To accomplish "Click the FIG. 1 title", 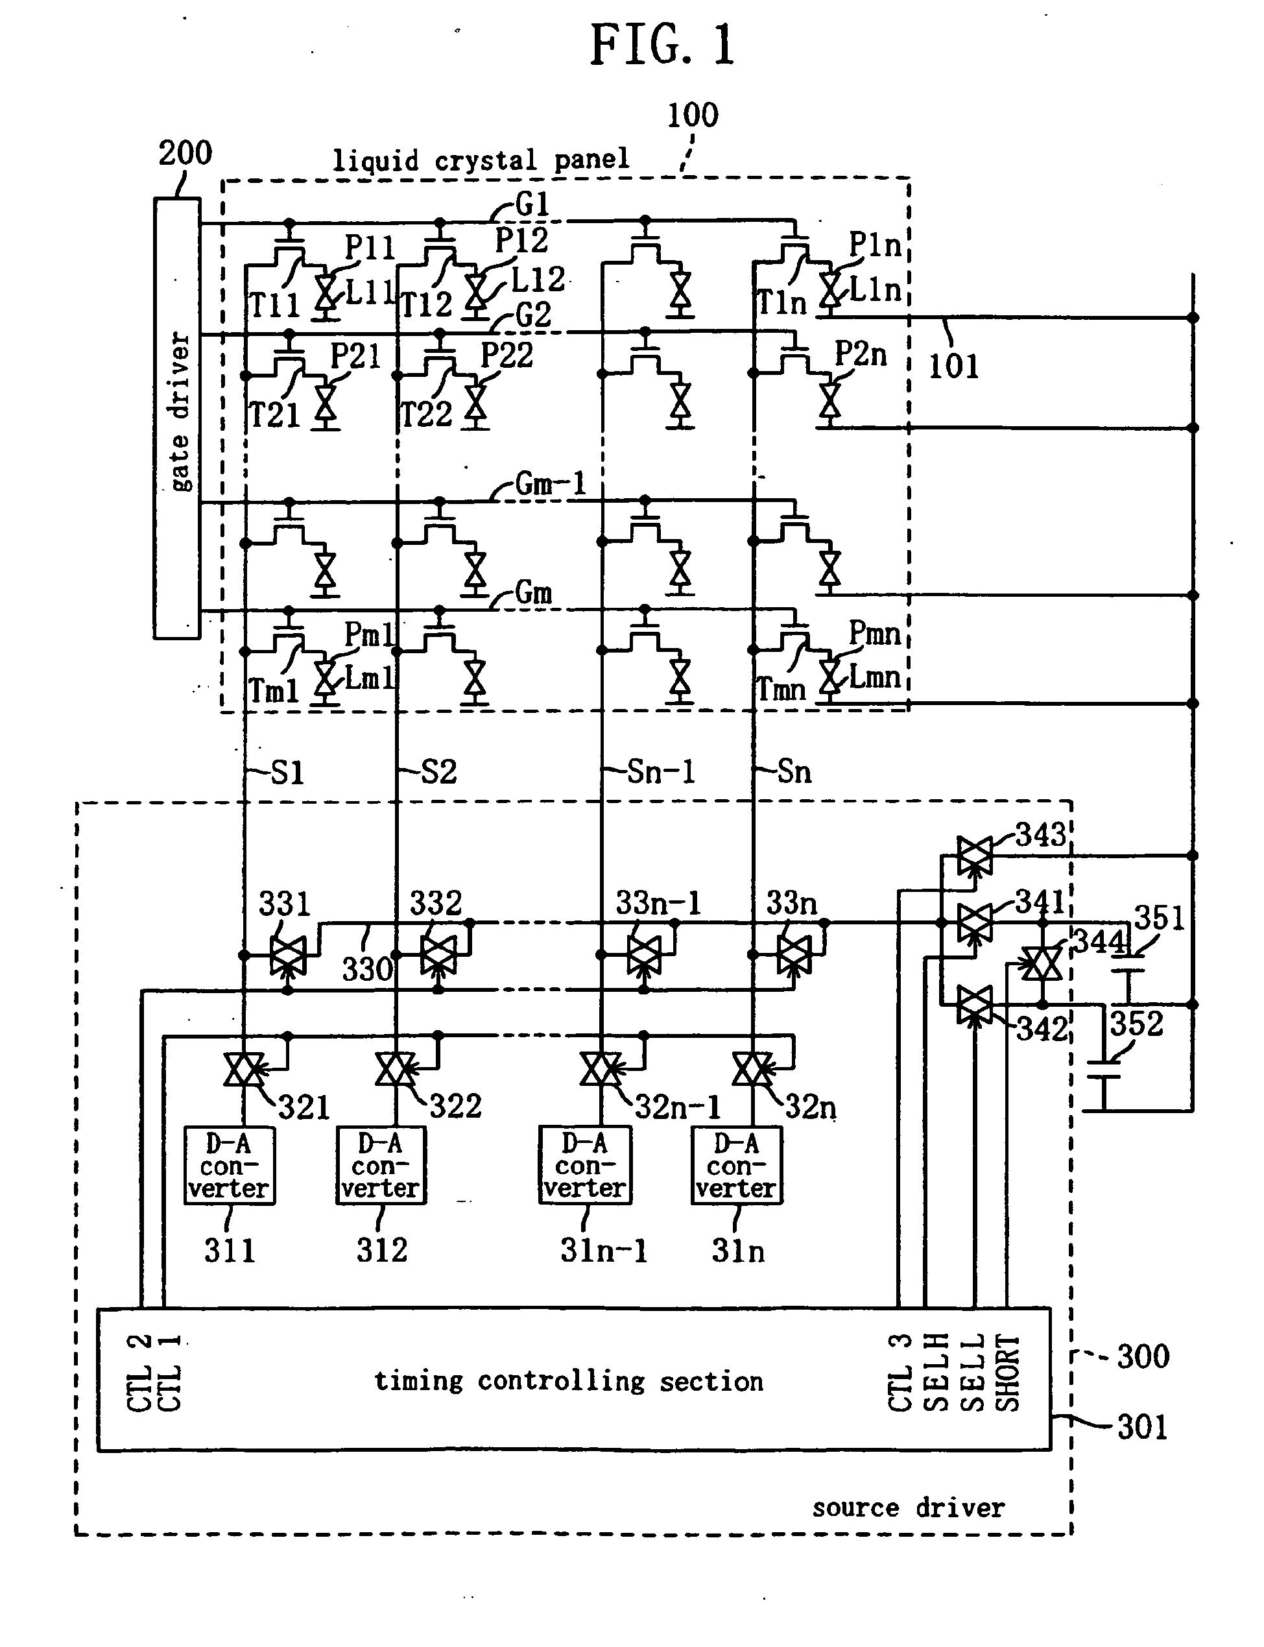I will [x=662, y=45].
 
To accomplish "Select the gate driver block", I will [x=178, y=418].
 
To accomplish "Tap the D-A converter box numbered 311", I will [x=230, y=1166].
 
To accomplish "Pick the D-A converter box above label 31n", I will [x=737, y=1166].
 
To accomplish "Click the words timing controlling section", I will [x=569, y=1380].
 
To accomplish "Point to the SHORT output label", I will [x=1008, y=1373].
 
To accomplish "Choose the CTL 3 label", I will [x=901, y=1373].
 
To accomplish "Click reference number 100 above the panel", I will [x=693, y=115].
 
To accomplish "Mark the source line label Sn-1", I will [x=662, y=772].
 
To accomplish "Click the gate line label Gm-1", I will [x=550, y=484].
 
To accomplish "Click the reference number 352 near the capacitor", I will [x=1137, y=1025].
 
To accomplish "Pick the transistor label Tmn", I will [x=781, y=689].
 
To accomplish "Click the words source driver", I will [x=908, y=1508].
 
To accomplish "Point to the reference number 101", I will [x=953, y=367].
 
